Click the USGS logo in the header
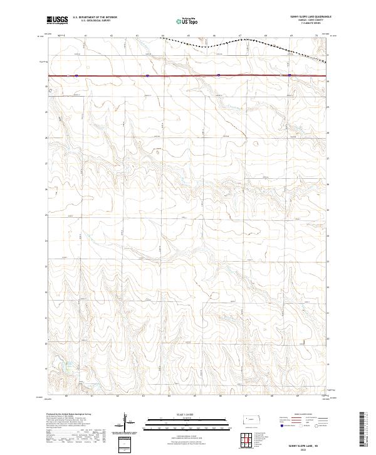[x=57, y=19]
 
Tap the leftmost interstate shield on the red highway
[x=76, y=76]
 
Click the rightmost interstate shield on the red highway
[x=290, y=76]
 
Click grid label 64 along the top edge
[x=162, y=36]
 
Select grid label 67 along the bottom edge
[x=246, y=397]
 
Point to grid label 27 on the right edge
[x=328, y=159]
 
